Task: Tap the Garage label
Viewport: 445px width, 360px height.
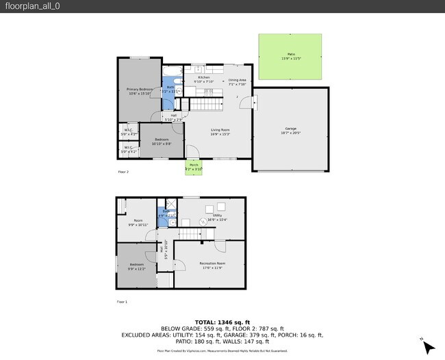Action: pos(291,130)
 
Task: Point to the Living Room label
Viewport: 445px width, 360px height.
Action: pos(220,131)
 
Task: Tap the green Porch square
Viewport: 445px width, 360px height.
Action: pos(194,166)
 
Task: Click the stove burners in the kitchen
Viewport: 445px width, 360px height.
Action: pos(208,91)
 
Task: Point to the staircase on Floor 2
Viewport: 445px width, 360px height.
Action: pos(206,104)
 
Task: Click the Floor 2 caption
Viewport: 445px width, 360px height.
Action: pos(123,172)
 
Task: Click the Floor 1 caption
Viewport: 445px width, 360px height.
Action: pos(122,301)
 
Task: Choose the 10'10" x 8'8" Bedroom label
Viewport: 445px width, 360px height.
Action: pos(162,142)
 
